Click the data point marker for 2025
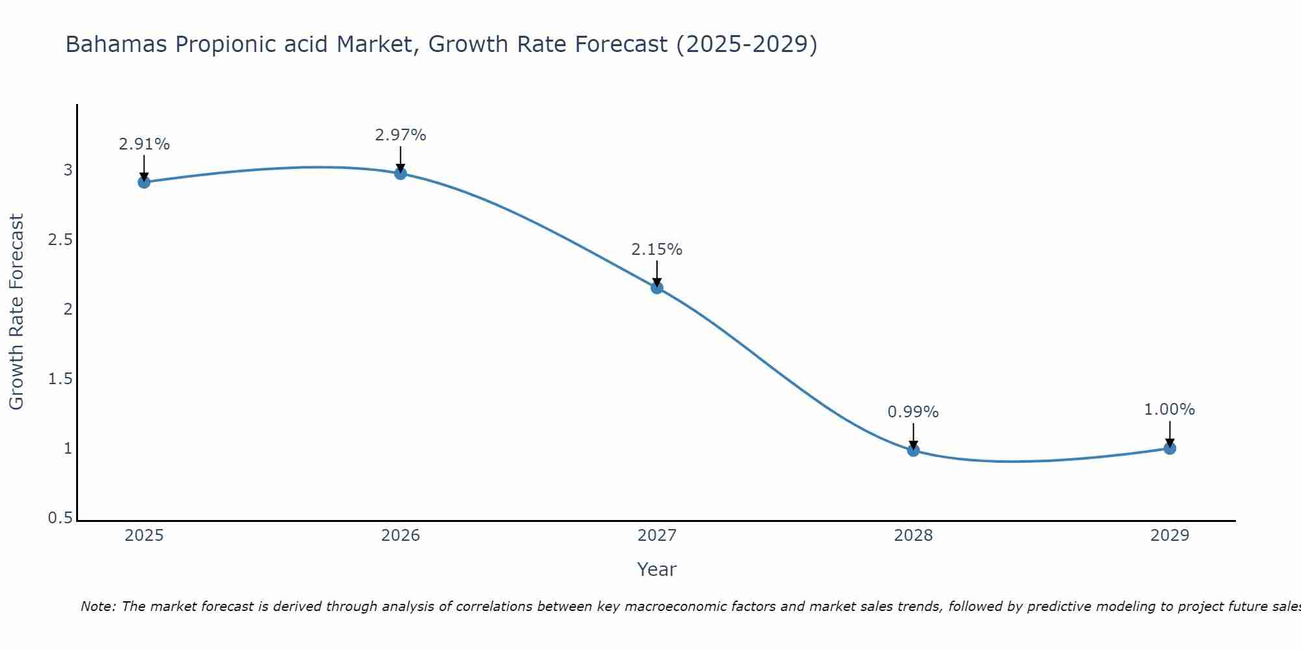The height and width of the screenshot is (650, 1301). click(x=144, y=182)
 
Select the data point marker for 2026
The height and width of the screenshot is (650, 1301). click(x=401, y=173)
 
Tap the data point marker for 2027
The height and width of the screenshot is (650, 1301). click(x=657, y=287)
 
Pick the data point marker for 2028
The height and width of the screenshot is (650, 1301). click(x=913, y=450)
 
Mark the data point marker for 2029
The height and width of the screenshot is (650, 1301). click(x=1170, y=448)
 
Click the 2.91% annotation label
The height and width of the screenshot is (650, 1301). click(x=144, y=144)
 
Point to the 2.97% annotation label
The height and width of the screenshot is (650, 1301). click(x=401, y=135)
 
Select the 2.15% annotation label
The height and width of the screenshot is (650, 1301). click(x=657, y=250)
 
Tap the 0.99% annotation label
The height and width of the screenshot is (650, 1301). click(x=913, y=412)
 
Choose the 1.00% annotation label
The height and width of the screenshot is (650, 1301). click(x=1170, y=409)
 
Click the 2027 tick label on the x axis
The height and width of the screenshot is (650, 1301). click(x=657, y=536)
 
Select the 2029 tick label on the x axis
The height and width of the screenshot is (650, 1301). click(x=1170, y=536)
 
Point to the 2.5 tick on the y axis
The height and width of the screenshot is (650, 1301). click(x=60, y=240)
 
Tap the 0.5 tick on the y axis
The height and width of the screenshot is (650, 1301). click(x=60, y=518)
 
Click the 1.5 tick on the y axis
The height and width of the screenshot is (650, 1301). click(x=60, y=379)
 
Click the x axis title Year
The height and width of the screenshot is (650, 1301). click(x=657, y=569)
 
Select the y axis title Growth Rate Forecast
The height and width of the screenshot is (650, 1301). click(x=16, y=312)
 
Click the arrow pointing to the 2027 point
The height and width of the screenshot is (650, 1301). click(x=657, y=273)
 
